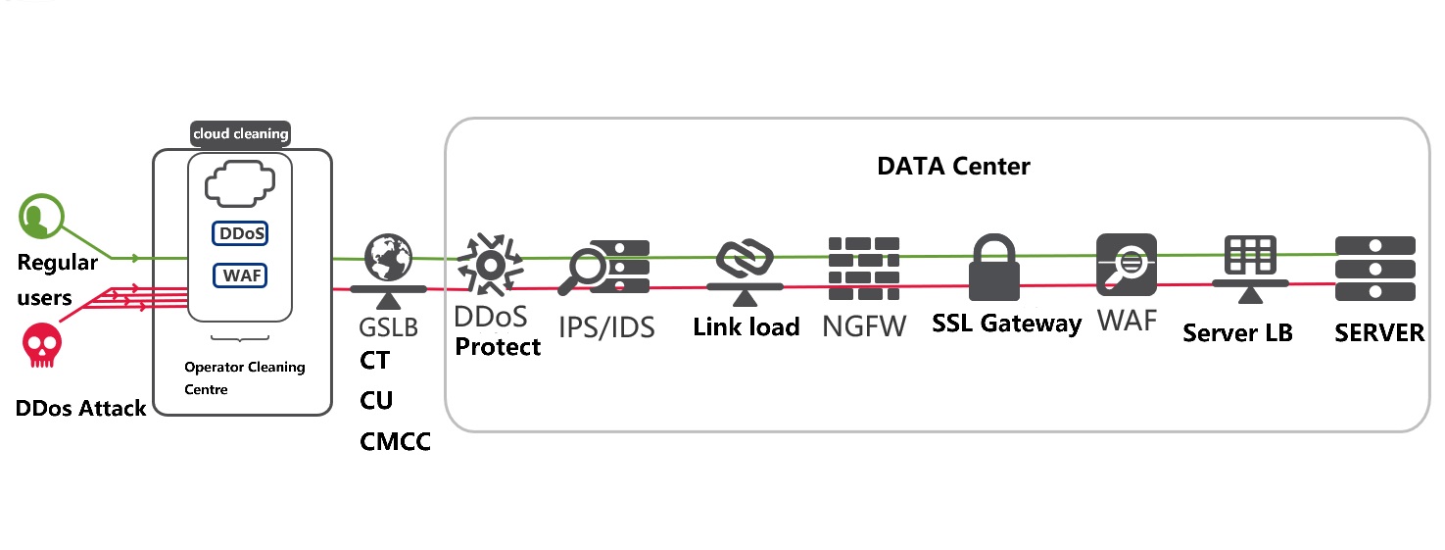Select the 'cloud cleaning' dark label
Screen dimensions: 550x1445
[x=241, y=134]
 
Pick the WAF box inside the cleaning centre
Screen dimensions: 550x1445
[x=241, y=275]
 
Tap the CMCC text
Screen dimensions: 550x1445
[x=396, y=442]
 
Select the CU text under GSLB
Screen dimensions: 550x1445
[x=376, y=401]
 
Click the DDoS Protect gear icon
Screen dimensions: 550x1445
[x=487, y=263]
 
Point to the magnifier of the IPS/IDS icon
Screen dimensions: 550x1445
[x=585, y=270]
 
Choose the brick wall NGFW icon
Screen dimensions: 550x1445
[x=863, y=268]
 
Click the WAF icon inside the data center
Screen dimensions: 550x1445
[x=1127, y=265]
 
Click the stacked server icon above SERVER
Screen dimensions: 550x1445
[x=1375, y=269]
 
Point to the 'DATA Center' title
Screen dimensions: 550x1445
[x=953, y=166]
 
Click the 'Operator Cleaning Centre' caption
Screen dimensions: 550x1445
[x=245, y=377]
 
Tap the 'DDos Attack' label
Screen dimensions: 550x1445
[x=80, y=408]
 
